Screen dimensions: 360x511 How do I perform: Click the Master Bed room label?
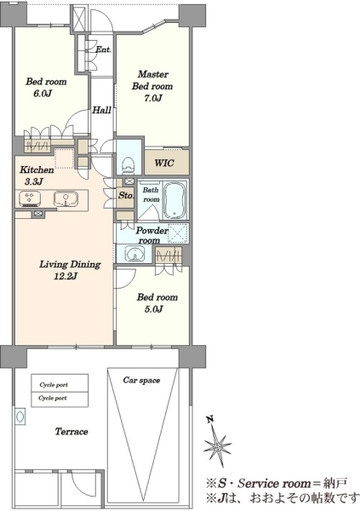click(152, 80)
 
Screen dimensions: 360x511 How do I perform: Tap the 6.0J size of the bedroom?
click(43, 94)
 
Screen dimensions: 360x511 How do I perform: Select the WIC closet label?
click(164, 163)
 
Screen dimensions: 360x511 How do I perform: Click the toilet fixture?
click(128, 164)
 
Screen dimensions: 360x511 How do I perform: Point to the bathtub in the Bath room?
click(174, 200)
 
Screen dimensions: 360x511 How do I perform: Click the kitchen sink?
click(66, 198)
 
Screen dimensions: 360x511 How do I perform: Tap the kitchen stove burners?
click(30, 198)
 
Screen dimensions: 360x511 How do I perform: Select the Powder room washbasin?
click(134, 254)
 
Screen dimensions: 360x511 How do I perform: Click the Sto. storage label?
click(125, 195)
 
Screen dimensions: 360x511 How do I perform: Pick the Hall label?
click(101, 110)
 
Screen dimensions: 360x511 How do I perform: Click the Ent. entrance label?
click(103, 49)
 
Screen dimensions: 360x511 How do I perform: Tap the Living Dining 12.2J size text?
click(66, 277)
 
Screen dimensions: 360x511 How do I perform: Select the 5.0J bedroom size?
click(154, 309)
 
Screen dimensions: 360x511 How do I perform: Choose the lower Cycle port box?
click(60, 399)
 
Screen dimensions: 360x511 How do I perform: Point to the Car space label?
click(141, 381)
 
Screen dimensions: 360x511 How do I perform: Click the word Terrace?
click(71, 432)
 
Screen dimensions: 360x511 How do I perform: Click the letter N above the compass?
click(210, 420)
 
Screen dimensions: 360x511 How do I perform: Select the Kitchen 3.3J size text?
click(33, 181)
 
